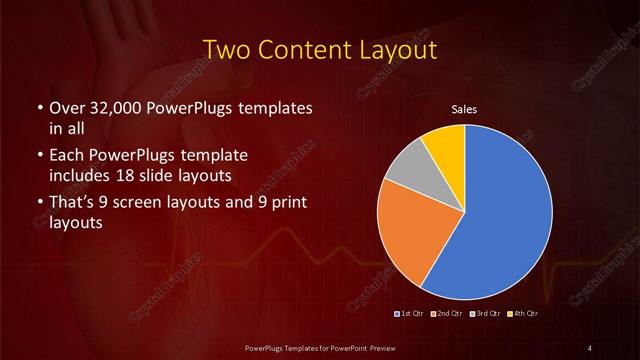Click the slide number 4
click(x=590, y=346)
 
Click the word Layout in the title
click(x=402, y=49)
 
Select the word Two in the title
click(x=227, y=49)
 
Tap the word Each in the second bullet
click(x=66, y=157)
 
